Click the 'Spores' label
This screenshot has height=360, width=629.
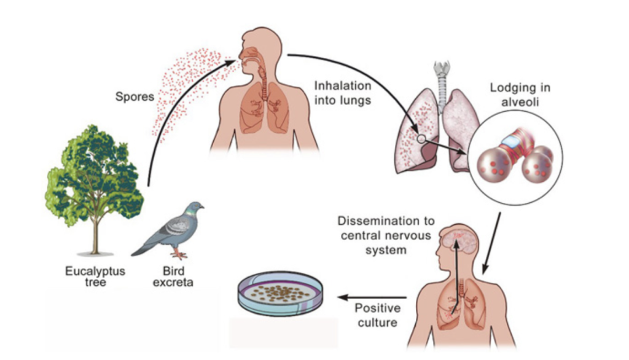point(135,97)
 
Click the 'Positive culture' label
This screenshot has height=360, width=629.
point(377,314)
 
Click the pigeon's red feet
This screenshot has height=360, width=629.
point(179,254)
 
